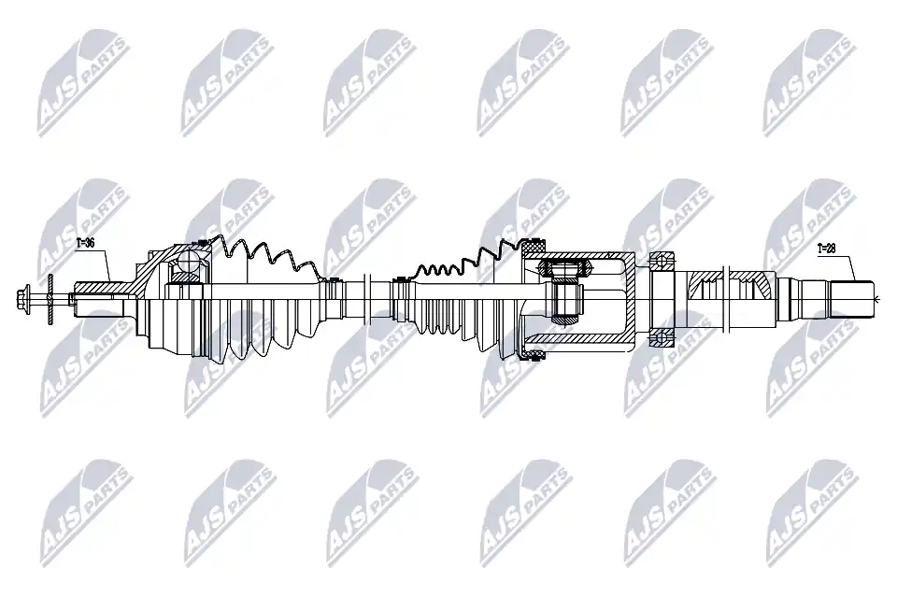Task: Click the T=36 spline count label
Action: click(85, 243)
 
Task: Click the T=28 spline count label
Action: click(827, 249)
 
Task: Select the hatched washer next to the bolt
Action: click(50, 297)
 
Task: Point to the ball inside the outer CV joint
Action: click(189, 262)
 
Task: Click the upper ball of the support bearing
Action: click(662, 261)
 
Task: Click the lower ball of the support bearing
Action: click(662, 337)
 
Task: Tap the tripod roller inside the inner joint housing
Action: click(564, 266)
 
